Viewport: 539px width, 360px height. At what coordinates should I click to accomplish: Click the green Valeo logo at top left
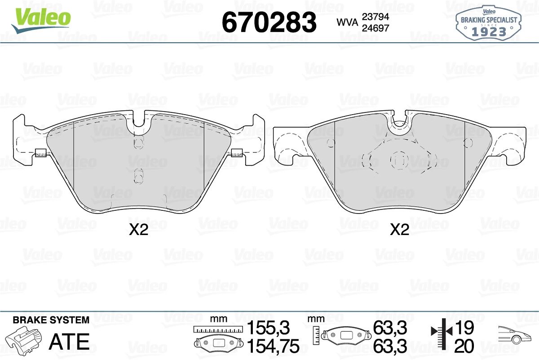41,21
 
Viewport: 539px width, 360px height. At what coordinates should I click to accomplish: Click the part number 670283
269,22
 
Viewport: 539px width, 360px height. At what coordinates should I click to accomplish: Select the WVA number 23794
376,17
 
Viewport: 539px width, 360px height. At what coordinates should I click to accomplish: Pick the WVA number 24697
376,28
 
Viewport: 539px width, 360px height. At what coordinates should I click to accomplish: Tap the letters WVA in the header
348,22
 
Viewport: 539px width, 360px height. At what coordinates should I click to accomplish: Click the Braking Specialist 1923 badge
489,23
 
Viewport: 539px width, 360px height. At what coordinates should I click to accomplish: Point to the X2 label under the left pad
138,230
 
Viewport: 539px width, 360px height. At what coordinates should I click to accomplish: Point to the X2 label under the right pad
399,230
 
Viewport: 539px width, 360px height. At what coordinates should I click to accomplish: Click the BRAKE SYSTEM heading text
51,320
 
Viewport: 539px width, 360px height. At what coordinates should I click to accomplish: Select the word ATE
69,342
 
